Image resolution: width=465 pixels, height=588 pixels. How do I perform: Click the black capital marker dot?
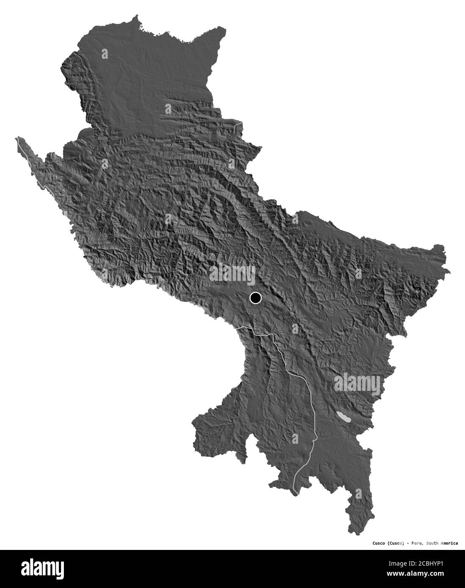(x=255, y=298)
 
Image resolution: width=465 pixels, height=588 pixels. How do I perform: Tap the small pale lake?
(x=344, y=418)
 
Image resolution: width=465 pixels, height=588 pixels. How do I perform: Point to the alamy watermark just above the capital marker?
(x=232, y=273)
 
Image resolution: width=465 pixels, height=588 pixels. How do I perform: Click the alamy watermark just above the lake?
(x=358, y=383)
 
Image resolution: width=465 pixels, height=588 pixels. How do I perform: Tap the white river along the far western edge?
(x=30, y=161)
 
